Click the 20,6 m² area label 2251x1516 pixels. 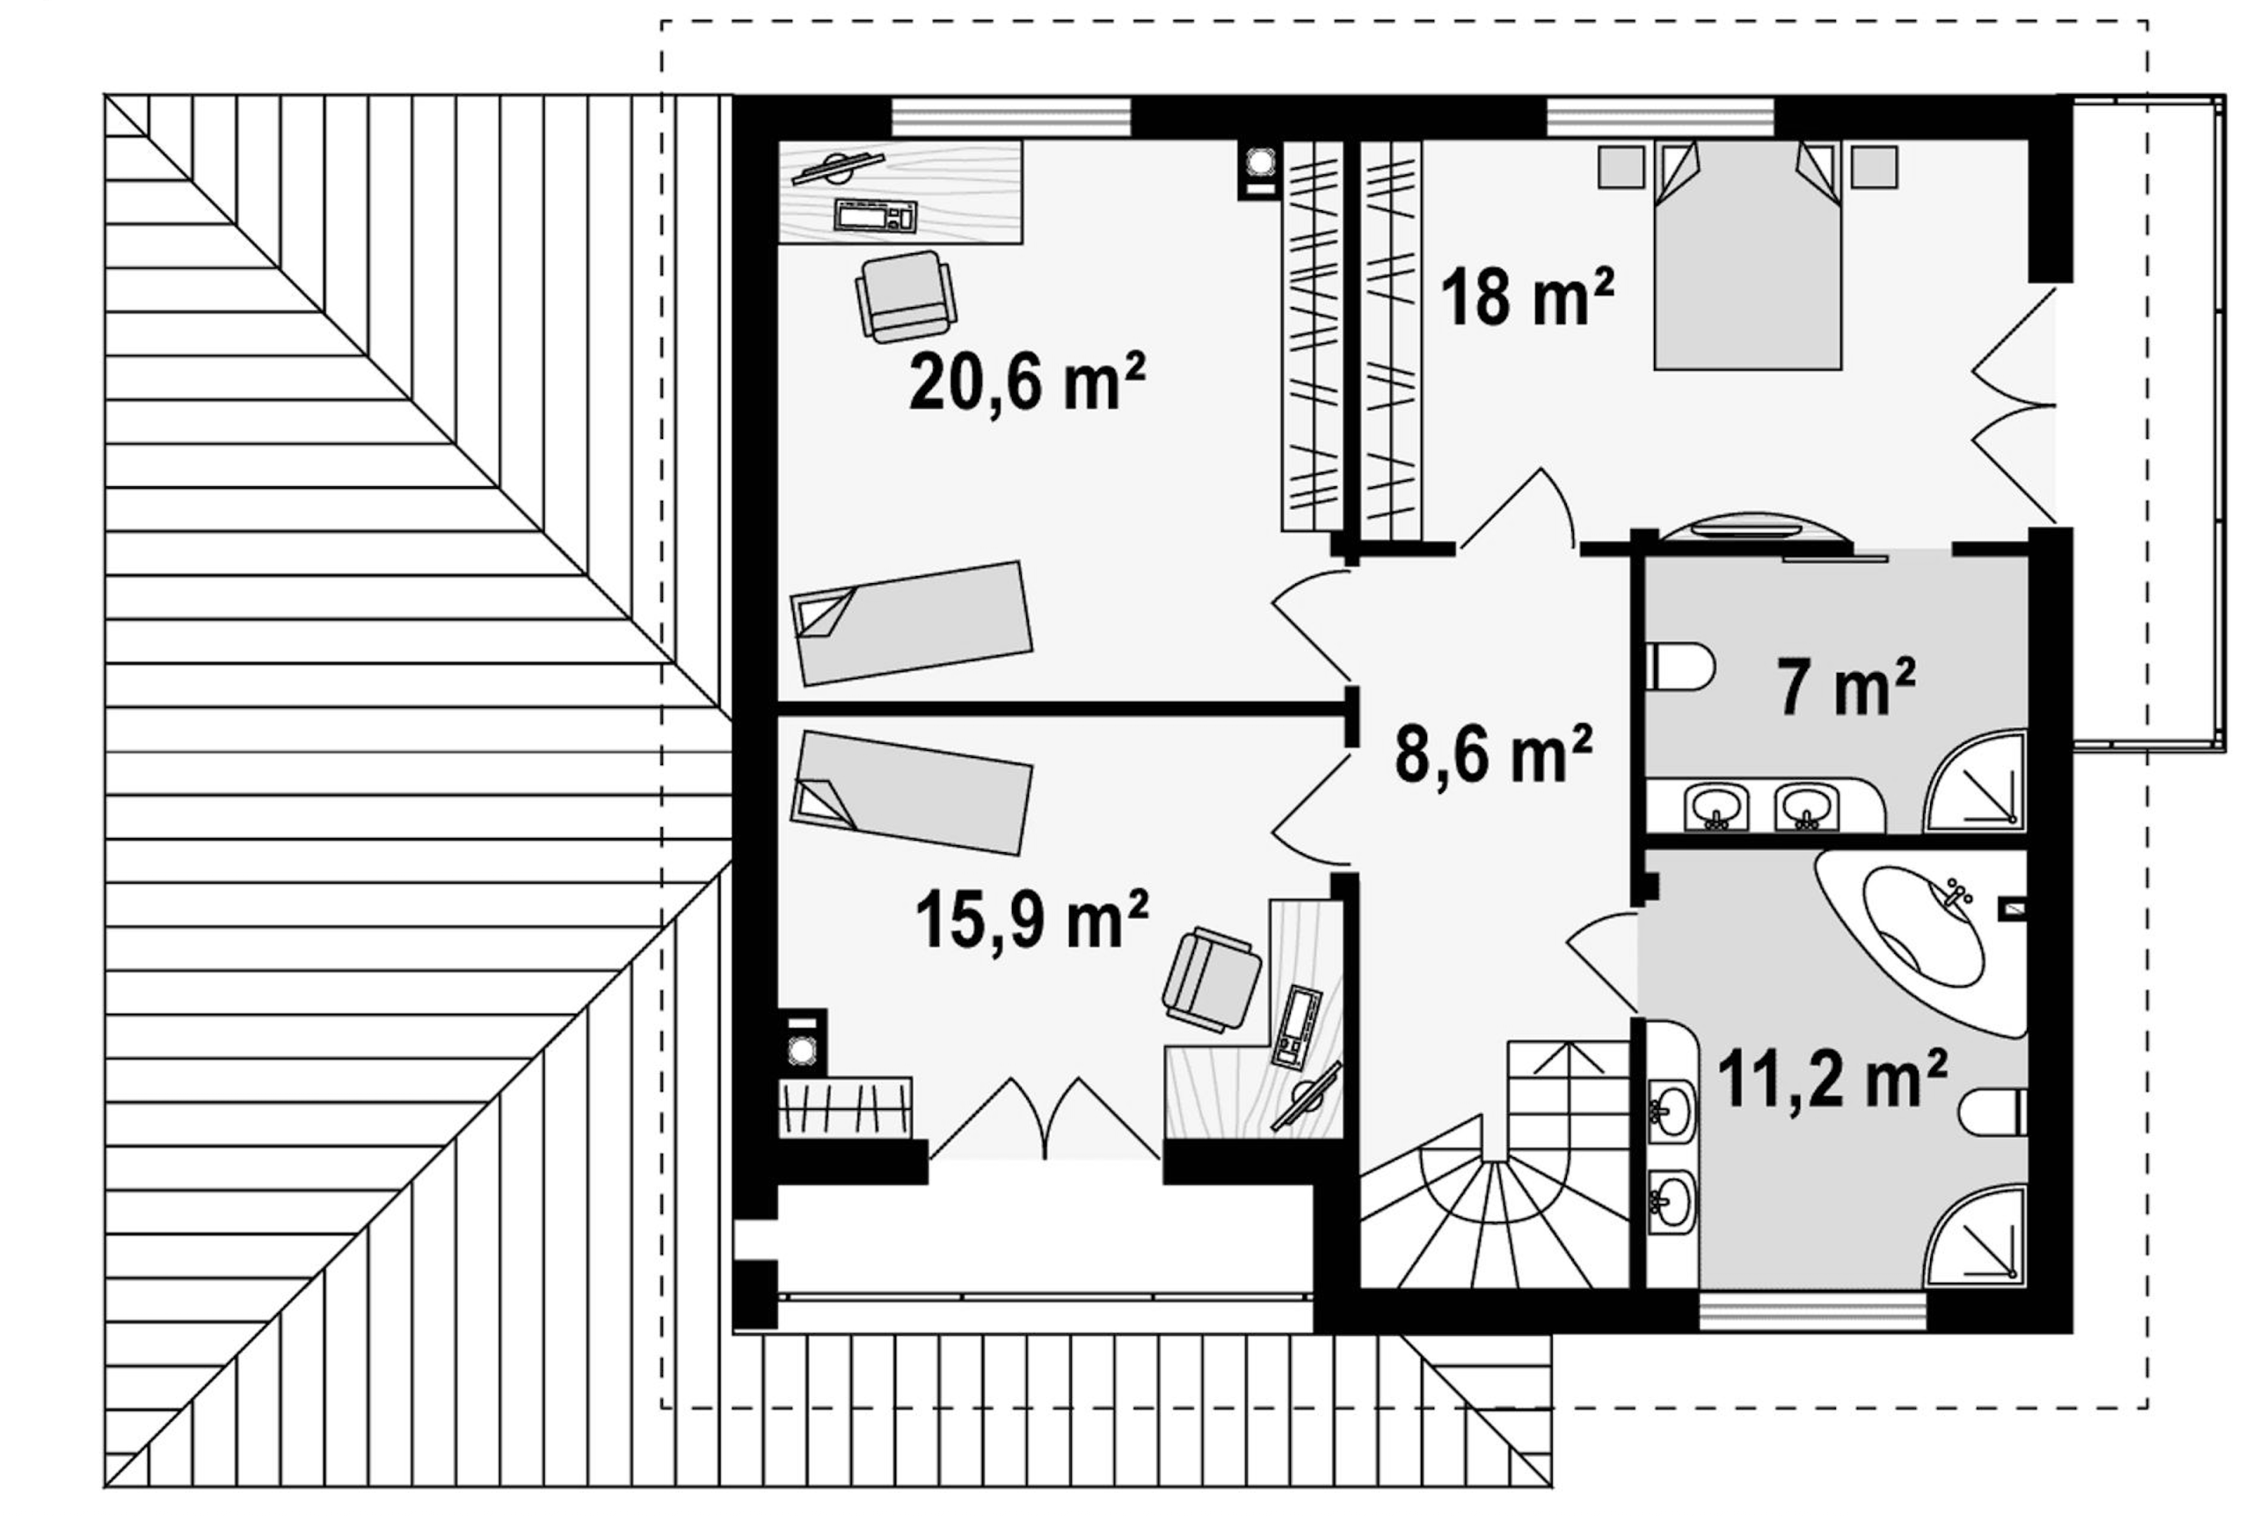[x=1027, y=381]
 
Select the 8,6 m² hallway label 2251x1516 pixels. [x=1493, y=754]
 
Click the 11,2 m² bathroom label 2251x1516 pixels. [x=1832, y=1080]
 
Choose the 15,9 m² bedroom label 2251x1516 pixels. [x=1031, y=919]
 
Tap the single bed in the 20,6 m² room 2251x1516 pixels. [x=912, y=623]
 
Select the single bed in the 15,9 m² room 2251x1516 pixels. [x=912, y=793]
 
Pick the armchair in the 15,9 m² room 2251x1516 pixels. [x=1211, y=979]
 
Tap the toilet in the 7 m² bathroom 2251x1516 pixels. [x=1679, y=667]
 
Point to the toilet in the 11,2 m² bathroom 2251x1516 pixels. [x=1993, y=1113]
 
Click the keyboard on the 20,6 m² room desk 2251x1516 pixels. [x=875, y=215]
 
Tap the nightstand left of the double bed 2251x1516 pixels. [x=1621, y=166]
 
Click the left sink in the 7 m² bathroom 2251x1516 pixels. [x=1716, y=806]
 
